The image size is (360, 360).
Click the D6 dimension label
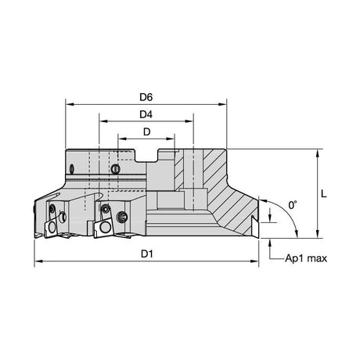146,97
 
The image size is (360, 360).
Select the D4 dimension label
146,114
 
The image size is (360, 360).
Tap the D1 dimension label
146,254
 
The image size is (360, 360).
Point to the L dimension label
324,193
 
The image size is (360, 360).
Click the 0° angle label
293,205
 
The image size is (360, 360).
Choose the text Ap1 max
306,258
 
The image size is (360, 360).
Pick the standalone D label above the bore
147,132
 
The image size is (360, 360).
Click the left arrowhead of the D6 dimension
69,104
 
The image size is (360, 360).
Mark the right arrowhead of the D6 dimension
223,104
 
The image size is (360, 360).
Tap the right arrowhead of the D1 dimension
254,261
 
